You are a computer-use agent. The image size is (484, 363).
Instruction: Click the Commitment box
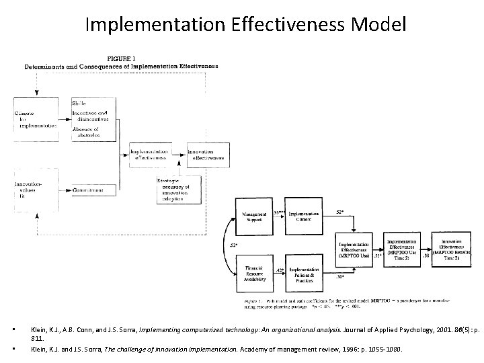94,192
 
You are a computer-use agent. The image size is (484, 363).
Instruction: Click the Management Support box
253,216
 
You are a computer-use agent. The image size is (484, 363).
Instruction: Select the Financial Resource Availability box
253,273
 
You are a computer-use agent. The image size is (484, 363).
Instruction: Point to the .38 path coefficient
426,256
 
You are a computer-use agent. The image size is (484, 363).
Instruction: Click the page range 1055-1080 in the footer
355,350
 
